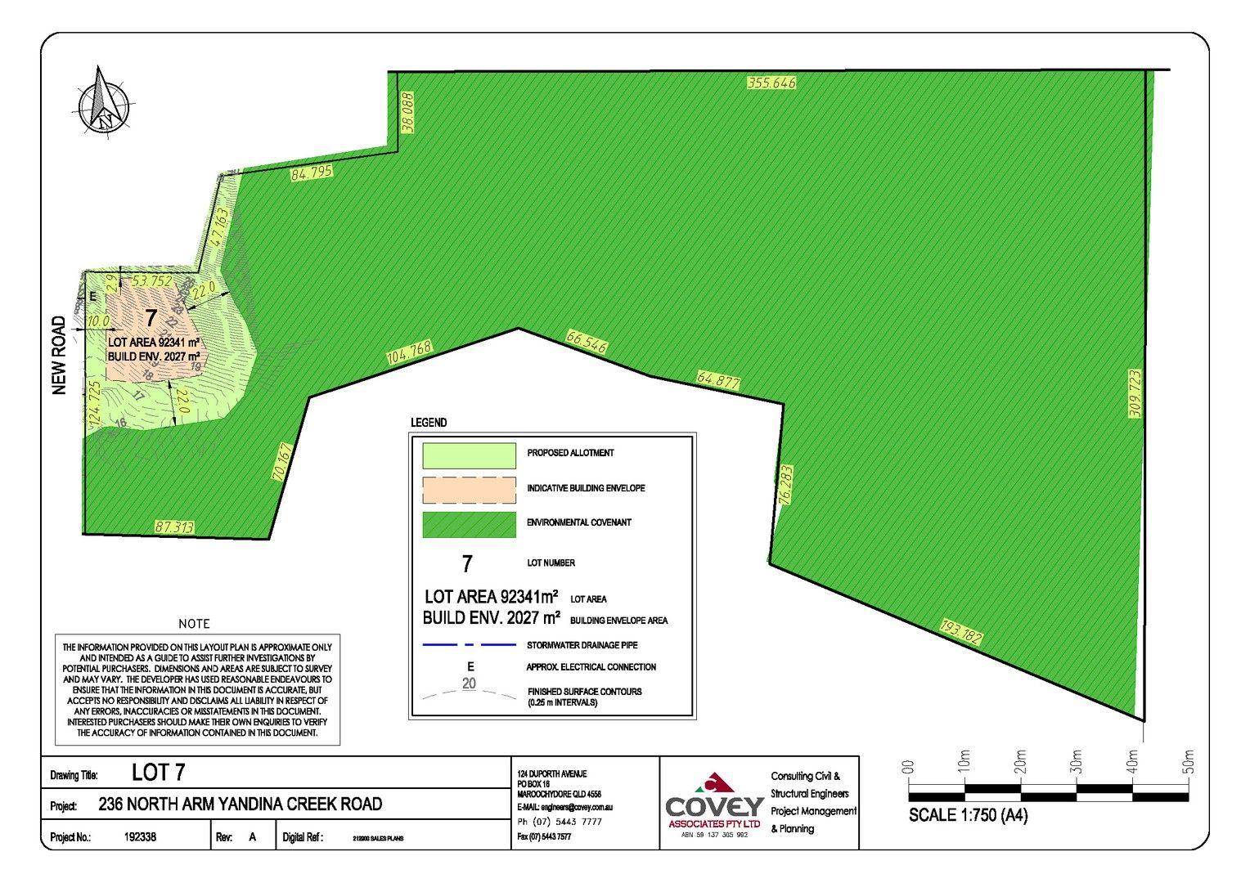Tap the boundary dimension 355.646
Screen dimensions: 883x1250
(771, 83)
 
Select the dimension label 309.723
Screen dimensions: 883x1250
(1135, 393)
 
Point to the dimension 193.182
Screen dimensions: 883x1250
(960, 632)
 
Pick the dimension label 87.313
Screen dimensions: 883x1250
(174, 527)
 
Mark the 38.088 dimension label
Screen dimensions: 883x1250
(407, 112)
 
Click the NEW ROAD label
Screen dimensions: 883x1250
(59, 356)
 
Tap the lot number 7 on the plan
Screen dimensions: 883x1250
(151, 318)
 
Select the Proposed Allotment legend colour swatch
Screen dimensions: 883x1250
(469, 455)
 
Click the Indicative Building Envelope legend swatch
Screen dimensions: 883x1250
(469, 490)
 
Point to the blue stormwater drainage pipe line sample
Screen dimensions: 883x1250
(469, 645)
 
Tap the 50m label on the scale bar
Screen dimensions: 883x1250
(1189, 761)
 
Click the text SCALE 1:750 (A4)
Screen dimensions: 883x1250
(968, 815)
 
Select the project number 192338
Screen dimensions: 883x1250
(140, 837)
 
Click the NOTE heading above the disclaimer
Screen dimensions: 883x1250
(194, 624)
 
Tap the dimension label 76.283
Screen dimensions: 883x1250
(785, 486)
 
